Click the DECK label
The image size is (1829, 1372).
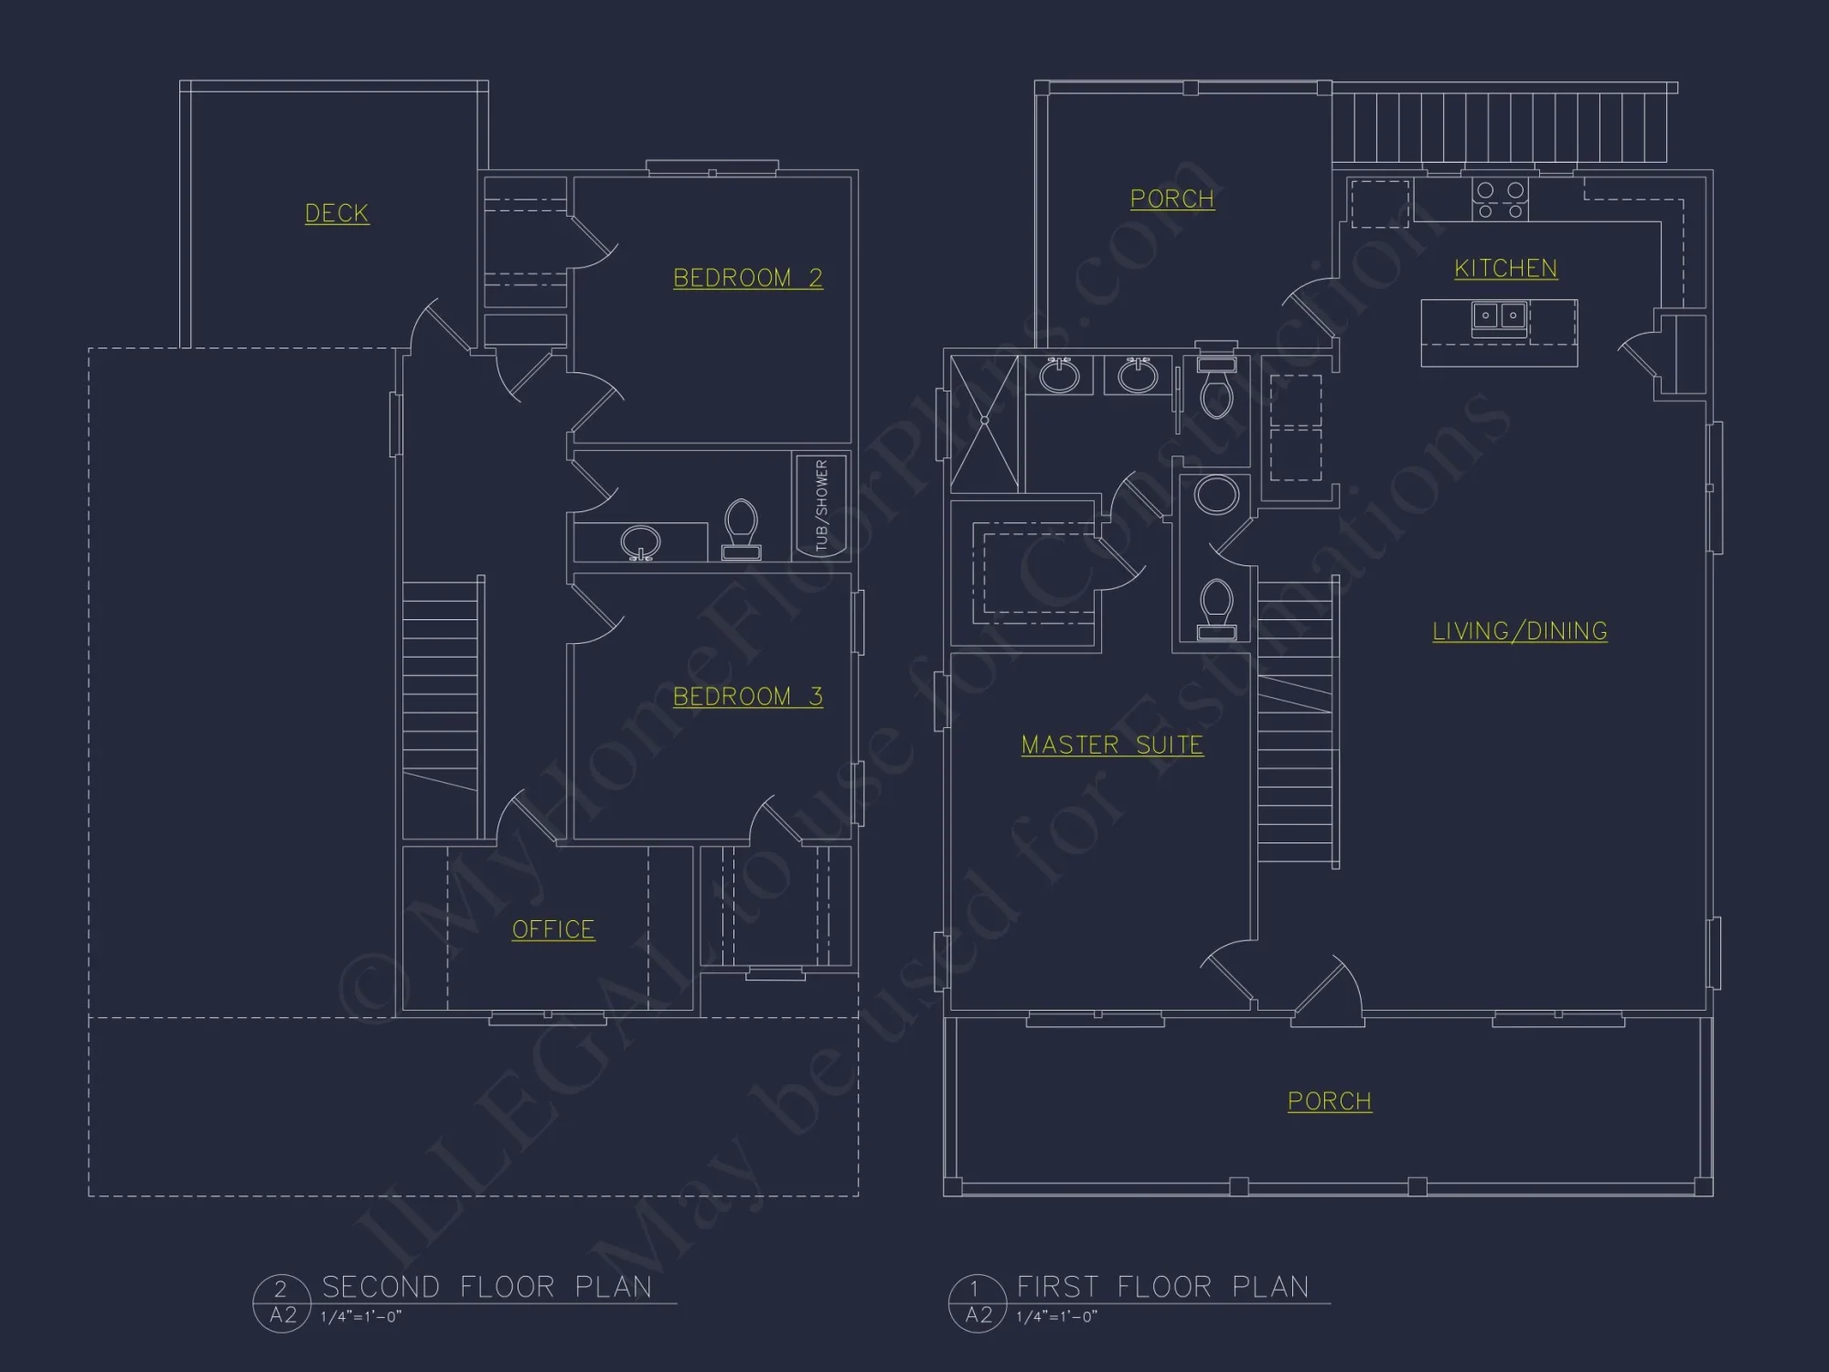337,213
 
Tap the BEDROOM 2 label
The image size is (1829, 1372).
747,277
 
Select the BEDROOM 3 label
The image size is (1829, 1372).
747,696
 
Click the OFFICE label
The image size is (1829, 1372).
552,929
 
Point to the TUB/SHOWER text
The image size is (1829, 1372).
821,505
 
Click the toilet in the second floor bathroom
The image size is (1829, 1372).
741,529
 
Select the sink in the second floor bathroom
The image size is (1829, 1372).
640,541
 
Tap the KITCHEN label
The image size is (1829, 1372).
1505,268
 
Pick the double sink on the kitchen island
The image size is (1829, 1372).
1499,316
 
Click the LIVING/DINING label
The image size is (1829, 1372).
1519,630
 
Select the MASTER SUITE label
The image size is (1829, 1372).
1111,745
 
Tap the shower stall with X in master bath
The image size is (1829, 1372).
984,422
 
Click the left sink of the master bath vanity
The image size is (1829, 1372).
1059,376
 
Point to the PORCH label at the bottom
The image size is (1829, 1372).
1329,1100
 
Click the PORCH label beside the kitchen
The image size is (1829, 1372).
1171,198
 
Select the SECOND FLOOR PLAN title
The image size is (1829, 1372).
487,1287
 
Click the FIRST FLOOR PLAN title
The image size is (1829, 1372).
1162,1287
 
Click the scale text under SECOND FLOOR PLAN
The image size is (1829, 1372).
360,1316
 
